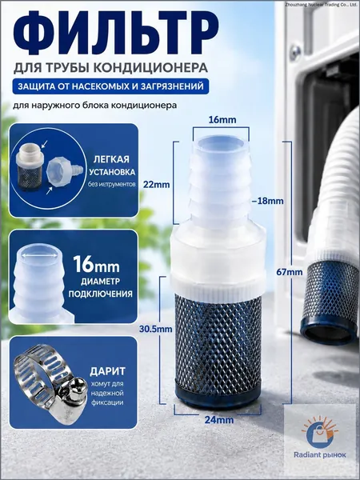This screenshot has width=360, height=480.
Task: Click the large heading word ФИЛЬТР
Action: pos(116,34)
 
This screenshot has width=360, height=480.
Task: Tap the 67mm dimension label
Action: pos(290,272)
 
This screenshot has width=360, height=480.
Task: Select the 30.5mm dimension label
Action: pos(155,330)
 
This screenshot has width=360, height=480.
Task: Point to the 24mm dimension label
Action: pos(219,420)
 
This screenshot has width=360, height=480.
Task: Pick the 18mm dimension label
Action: pos(267,201)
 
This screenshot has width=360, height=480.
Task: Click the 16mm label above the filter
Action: pos(222,120)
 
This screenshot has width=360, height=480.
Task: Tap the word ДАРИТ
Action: pos(107,371)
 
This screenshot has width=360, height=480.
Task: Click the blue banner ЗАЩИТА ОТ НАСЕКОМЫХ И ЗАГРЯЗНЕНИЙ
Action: pos(111,86)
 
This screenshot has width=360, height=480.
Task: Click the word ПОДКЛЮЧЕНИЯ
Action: pos(101,294)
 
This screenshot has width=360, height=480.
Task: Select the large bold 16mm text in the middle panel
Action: pos(96,264)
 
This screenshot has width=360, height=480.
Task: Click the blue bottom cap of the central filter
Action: pos(218,398)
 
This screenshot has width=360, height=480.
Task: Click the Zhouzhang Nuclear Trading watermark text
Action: pos(322,4)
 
